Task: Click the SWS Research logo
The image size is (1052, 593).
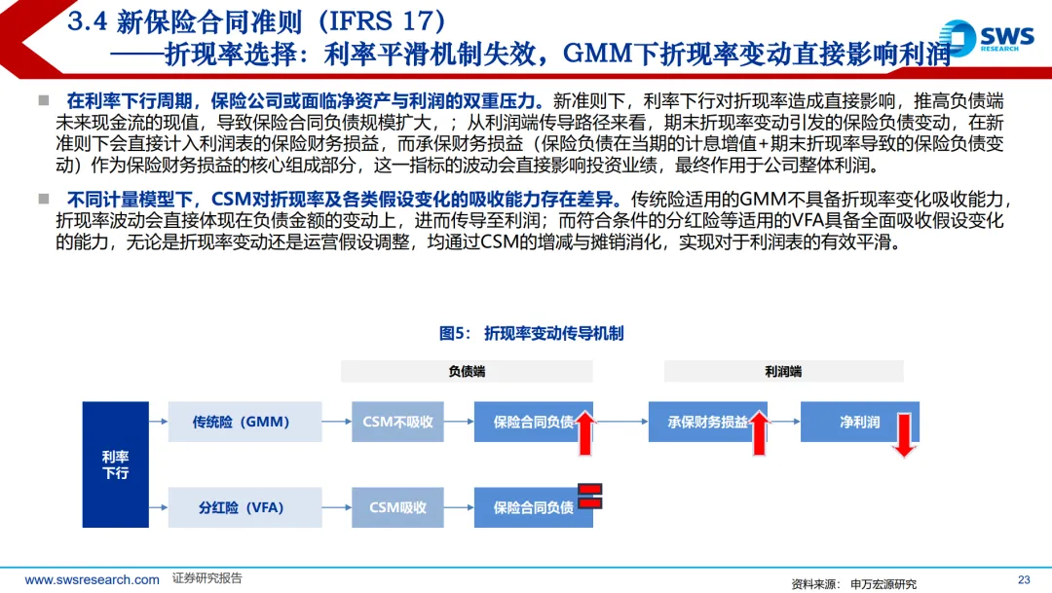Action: tap(986, 37)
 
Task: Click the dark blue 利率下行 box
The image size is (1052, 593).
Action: tap(115, 463)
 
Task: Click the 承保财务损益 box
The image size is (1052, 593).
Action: tap(708, 423)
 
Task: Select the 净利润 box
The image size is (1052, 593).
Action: tap(859, 423)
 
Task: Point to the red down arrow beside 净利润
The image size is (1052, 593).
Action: tap(903, 434)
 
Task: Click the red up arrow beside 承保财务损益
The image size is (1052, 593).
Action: tap(759, 432)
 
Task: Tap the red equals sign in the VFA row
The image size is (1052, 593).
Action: tap(590, 496)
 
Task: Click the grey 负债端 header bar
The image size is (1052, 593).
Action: tap(467, 371)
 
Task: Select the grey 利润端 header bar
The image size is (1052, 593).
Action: tap(783, 371)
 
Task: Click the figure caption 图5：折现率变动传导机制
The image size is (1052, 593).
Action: tap(531, 334)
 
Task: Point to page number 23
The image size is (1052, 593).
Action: tap(1023, 578)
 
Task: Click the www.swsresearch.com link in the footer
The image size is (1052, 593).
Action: tap(93, 579)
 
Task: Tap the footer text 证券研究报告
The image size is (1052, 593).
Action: tap(207, 578)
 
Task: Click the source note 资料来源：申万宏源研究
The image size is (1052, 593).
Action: tap(853, 583)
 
